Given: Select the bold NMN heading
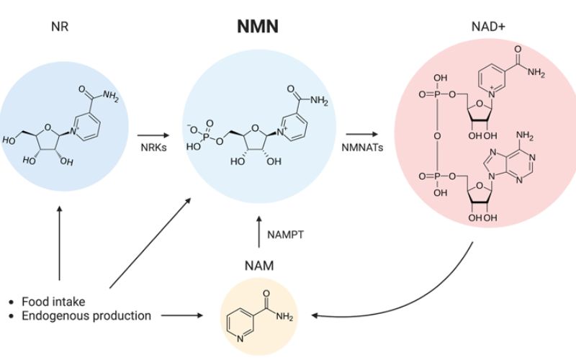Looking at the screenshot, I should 258,28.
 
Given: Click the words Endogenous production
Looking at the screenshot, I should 86,315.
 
